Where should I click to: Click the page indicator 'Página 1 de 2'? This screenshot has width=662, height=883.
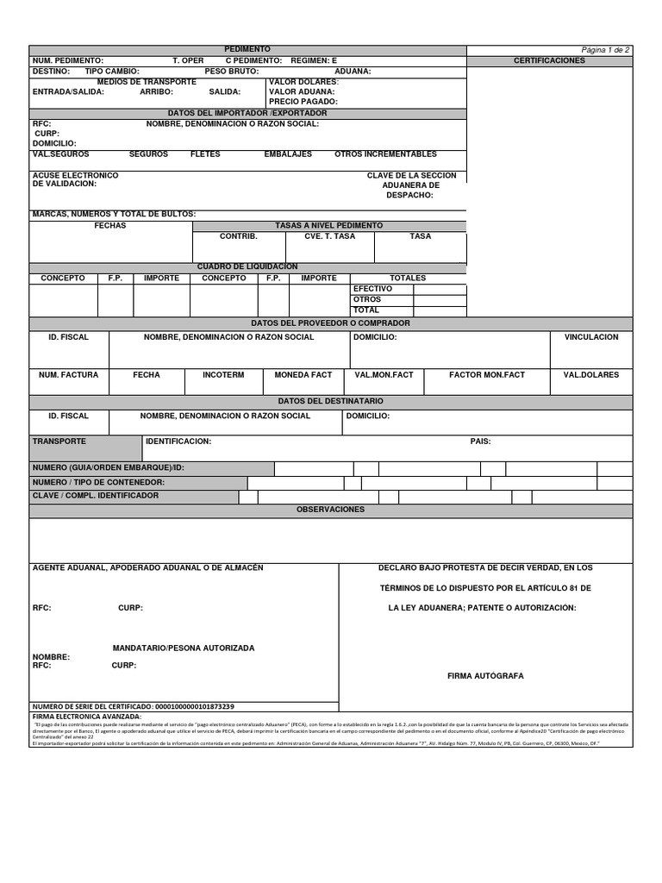(606, 50)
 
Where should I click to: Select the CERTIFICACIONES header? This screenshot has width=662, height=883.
(549, 61)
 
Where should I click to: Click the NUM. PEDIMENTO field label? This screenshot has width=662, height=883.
(67, 61)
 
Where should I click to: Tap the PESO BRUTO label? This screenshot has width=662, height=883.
(231, 72)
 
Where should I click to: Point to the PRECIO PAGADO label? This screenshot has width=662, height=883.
(303, 101)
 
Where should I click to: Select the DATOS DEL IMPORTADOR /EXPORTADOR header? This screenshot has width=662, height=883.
(247, 113)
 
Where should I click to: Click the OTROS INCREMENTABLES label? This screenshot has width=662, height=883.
(385, 154)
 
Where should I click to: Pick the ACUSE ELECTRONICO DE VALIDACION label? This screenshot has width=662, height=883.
(75, 179)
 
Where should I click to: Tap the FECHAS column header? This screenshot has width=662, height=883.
(110, 225)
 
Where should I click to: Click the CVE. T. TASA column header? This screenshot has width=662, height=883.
(329, 235)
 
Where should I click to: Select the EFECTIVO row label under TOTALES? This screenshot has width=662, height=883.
(372, 289)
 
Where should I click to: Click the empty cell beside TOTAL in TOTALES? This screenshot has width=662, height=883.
(440, 310)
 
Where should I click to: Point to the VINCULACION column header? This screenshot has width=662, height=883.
(590, 337)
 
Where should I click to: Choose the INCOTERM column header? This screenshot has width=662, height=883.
(223, 375)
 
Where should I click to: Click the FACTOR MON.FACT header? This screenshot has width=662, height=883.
(486, 375)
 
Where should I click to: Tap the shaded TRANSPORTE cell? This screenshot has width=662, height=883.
(84, 448)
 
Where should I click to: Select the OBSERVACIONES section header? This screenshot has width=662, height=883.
(331, 510)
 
